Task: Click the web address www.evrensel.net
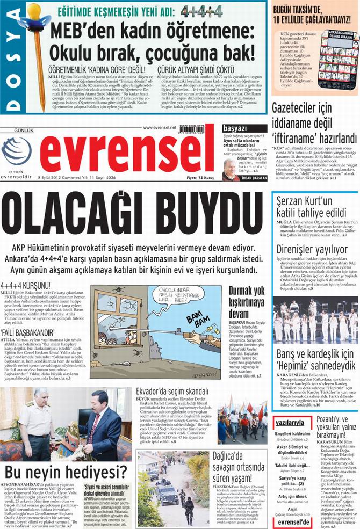[160, 127]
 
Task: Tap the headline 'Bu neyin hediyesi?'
[66, 472]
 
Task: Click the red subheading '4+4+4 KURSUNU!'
[25, 285]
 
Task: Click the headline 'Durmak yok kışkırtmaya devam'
[247, 303]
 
